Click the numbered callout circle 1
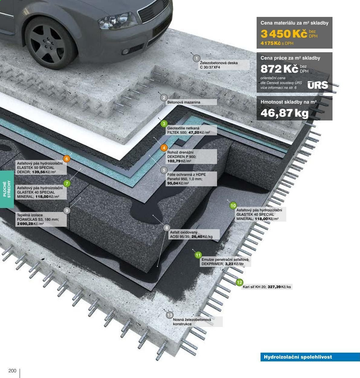coord(196,58)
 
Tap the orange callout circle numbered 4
coord(164,148)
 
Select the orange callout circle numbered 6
coord(66,159)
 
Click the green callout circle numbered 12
coord(239,282)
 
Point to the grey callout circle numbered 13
coord(170,315)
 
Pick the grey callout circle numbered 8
coord(167,228)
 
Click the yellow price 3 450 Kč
coord(284,34)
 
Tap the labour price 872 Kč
coord(279,69)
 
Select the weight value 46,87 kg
coord(284,113)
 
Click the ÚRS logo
coord(318,85)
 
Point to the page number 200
coord(12,371)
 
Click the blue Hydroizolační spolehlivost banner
coord(310,357)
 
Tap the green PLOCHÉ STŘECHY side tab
coord(7,189)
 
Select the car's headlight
coord(118,21)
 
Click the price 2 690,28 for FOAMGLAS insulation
coord(25,224)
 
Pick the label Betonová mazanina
coord(184,102)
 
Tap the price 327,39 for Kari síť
coord(274,287)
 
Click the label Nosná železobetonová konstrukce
coord(192,322)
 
